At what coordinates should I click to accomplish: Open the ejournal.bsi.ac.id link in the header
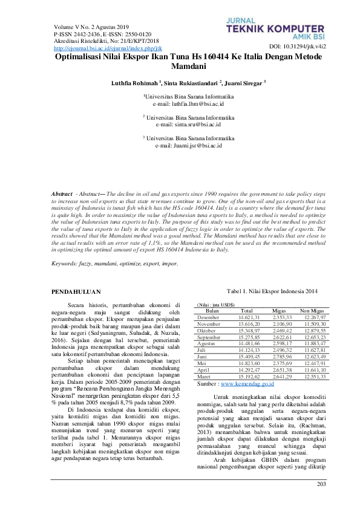click(107, 48)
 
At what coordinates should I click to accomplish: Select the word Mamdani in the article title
click(189, 65)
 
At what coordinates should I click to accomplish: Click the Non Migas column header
click(312, 310)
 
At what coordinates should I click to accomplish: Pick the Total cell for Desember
click(249, 317)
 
